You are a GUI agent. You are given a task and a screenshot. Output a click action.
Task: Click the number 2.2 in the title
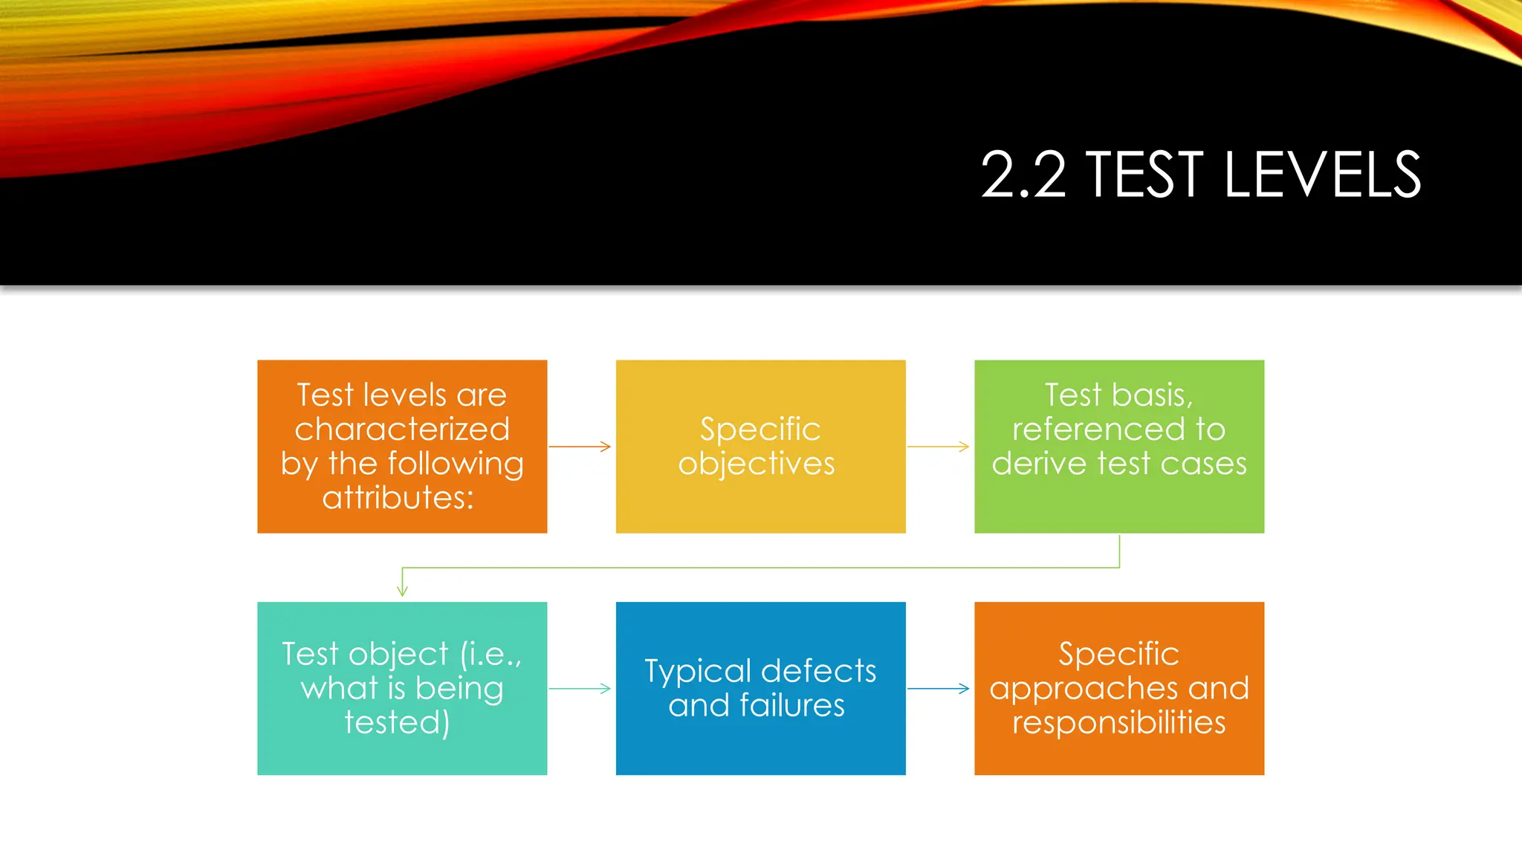pyautogui.click(x=1023, y=175)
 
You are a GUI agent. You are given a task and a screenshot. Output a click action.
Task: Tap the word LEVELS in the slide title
pyautogui.click(x=1322, y=175)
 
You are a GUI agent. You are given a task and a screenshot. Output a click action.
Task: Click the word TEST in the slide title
pyautogui.click(x=1144, y=175)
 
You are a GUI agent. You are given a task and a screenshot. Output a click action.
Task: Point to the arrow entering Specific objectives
pyautogui.click(x=580, y=447)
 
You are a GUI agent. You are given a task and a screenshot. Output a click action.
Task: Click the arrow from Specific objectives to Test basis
pyautogui.click(x=939, y=447)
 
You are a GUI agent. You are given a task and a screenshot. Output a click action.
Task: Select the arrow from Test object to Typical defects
pyautogui.click(x=580, y=689)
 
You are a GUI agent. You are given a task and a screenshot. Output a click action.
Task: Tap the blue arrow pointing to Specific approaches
pyautogui.click(x=939, y=689)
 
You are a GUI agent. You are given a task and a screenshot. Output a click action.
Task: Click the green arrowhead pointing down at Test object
pyautogui.click(x=402, y=590)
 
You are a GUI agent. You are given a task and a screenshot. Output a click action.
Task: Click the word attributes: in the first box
pyautogui.click(x=398, y=498)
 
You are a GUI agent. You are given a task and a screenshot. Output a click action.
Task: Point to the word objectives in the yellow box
pyautogui.click(x=757, y=464)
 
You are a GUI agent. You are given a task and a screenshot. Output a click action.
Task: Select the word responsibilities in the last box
pyautogui.click(x=1118, y=722)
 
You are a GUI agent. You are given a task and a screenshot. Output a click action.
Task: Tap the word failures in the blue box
pyautogui.click(x=792, y=705)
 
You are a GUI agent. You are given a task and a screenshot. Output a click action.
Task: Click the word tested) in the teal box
pyautogui.click(x=397, y=722)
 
